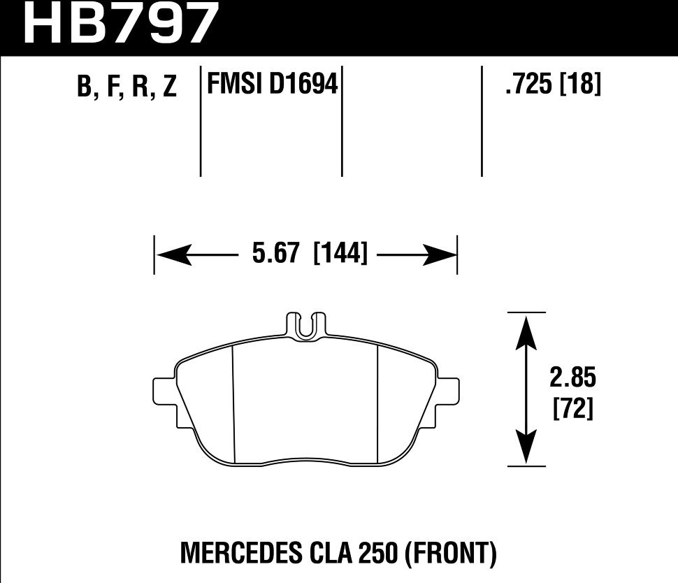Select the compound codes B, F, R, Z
tap(127, 87)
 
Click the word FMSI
tap(232, 85)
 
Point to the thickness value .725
tap(528, 85)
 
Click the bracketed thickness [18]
tap(580, 85)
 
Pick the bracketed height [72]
tap(572, 409)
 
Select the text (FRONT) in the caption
tap(450, 554)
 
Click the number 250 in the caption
tap(378, 554)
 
